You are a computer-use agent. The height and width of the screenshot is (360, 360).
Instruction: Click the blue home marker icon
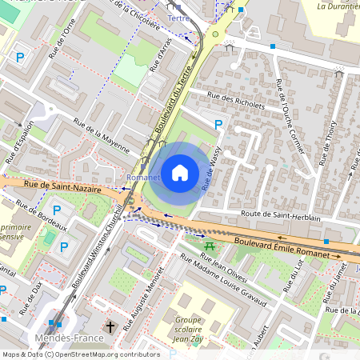pos(180,173)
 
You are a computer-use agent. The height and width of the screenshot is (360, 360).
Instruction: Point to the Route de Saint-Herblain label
pos(281,216)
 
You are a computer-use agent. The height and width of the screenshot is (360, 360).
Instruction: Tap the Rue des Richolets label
pos(236,99)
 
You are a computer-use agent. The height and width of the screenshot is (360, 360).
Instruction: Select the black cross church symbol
pos(111,326)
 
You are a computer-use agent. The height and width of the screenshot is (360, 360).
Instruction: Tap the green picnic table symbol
pos(210,246)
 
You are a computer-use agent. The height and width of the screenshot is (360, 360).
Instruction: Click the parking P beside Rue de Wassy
pos(218,124)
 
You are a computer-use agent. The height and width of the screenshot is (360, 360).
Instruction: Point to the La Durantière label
pos(338,6)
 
